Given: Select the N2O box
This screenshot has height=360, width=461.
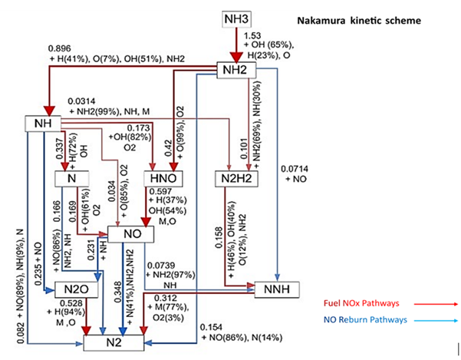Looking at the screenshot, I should pyautogui.click(x=73, y=291).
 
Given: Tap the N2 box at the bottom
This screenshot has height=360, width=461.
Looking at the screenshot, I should pyautogui.click(x=126, y=343).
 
